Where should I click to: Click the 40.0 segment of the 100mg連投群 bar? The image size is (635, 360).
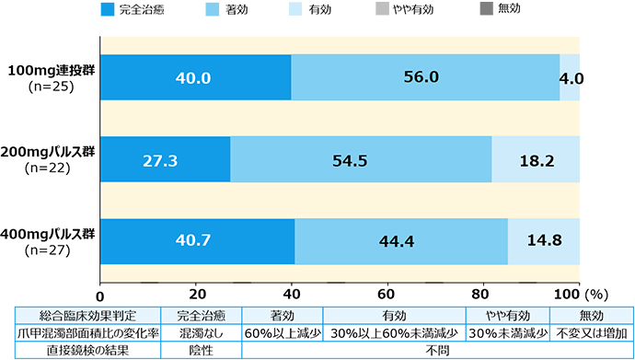[x=196, y=78]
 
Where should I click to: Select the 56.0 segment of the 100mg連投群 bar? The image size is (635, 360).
[x=425, y=78]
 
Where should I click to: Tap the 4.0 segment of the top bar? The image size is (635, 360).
[x=570, y=78]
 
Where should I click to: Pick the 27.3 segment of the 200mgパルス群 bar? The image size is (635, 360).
[x=165, y=159]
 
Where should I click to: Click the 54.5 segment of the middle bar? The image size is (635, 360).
[x=361, y=159]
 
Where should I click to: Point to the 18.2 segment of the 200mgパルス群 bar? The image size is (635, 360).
[x=536, y=159]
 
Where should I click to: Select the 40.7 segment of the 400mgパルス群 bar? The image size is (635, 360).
[x=197, y=241]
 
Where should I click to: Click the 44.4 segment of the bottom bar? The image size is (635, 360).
[x=401, y=241]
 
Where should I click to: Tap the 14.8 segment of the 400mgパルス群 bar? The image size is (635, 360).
[x=544, y=241]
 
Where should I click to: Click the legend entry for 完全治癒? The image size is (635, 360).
[x=134, y=10]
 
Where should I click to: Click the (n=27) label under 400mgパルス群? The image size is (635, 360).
[x=52, y=250]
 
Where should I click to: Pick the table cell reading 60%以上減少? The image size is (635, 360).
[x=282, y=332]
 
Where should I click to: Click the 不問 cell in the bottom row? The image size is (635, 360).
[x=438, y=350]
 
